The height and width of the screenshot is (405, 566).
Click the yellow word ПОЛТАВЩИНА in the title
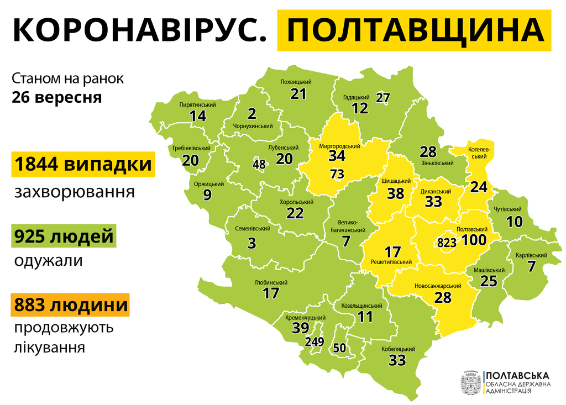[414, 31]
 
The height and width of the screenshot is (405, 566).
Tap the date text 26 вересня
[57, 97]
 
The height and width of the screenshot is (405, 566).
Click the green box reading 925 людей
[64, 237]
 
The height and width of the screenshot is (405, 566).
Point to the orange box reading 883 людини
[70, 304]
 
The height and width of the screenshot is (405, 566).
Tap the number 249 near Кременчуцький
[314, 342]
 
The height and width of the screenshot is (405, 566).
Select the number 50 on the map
[339, 348]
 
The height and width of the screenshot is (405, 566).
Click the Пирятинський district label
[197, 104]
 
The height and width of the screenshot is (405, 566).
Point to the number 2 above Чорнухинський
[252, 114]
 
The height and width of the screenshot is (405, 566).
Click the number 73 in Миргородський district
[337, 174]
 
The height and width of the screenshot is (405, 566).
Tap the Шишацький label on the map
[396, 181]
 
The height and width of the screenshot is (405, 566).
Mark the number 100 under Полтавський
[474, 240]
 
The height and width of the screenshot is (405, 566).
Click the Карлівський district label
[531, 255]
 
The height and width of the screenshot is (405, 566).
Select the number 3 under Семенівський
[251, 243]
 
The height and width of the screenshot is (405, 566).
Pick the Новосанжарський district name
[438, 286]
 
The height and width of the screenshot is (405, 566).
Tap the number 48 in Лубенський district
[259, 164]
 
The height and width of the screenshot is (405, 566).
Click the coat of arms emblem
[471, 382]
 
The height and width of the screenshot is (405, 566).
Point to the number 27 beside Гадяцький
[383, 98]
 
